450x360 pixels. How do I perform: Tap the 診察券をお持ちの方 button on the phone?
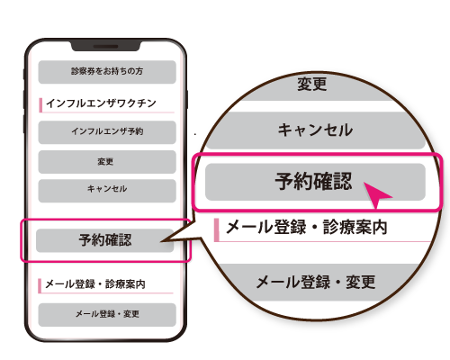(107, 72)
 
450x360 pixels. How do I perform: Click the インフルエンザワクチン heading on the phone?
(101, 103)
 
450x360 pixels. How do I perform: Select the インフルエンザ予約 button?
(107, 132)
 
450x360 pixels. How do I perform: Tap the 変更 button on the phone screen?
(107, 162)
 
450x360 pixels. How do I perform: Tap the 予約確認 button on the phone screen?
(105, 240)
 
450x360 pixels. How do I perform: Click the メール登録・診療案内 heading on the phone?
(95, 283)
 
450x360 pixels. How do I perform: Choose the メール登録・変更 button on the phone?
(107, 315)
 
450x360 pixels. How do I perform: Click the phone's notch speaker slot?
(105, 47)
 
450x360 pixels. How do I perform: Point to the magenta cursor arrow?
(375, 193)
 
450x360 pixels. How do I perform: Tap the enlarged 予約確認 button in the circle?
(315, 182)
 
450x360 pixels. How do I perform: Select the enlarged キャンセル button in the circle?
(315, 130)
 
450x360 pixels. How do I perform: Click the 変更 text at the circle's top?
(312, 84)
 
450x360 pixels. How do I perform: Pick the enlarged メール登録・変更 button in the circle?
(316, 283)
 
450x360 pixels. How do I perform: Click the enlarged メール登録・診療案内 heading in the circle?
(307, 227)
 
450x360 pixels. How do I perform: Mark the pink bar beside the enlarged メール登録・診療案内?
(216, 230)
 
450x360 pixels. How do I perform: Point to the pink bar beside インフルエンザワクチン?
(40, 105)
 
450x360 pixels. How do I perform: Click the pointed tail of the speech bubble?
(161, 241)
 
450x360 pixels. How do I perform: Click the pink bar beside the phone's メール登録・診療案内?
(40, 286)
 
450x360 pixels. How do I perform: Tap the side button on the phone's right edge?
(186, 99)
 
